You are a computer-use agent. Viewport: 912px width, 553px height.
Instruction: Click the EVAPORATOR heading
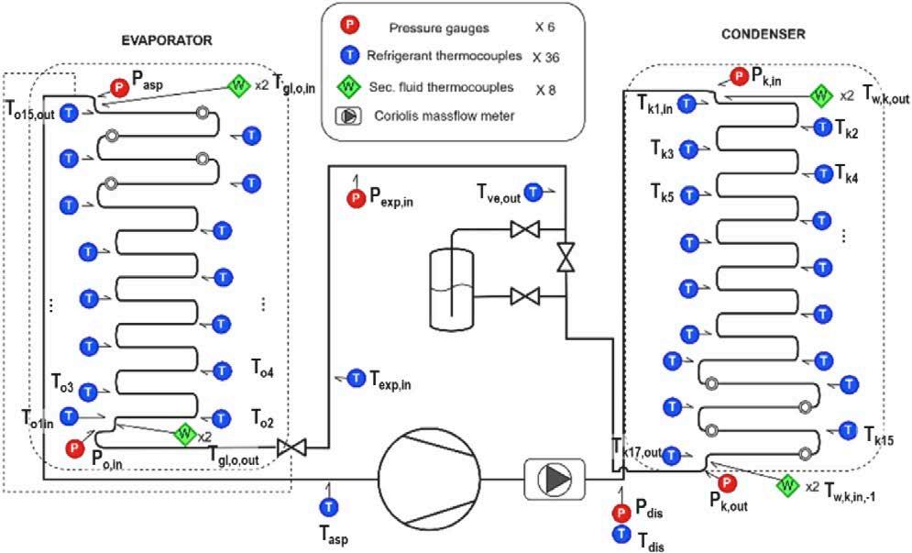click(x=168, y=40)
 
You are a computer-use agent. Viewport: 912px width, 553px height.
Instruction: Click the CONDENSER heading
click(x=763, y=34)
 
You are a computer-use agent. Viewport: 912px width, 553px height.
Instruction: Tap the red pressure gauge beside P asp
click(x=120, y=87)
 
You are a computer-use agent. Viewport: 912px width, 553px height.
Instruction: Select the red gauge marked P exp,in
click(x=355, y=197)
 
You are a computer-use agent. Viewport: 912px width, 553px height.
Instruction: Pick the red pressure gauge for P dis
click(x=621, y=512)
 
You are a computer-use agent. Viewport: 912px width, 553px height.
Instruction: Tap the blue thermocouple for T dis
click(x=621, y=533)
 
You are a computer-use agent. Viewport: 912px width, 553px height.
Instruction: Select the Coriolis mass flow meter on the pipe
click(x=554, y=478)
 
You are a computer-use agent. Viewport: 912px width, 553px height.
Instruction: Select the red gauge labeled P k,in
click(x=739, y=77)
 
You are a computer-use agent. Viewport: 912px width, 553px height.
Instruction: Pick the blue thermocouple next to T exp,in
click(x=354, y=378)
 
